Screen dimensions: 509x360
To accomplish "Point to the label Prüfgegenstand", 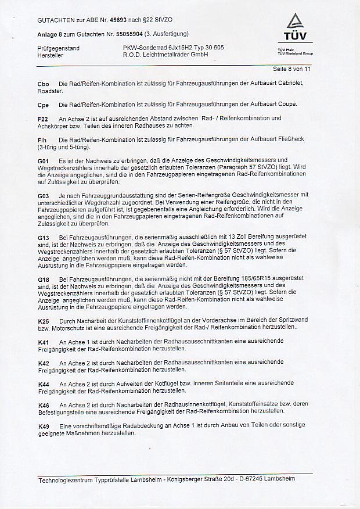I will (57, 48).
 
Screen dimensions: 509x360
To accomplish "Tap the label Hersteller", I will (51, 55).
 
